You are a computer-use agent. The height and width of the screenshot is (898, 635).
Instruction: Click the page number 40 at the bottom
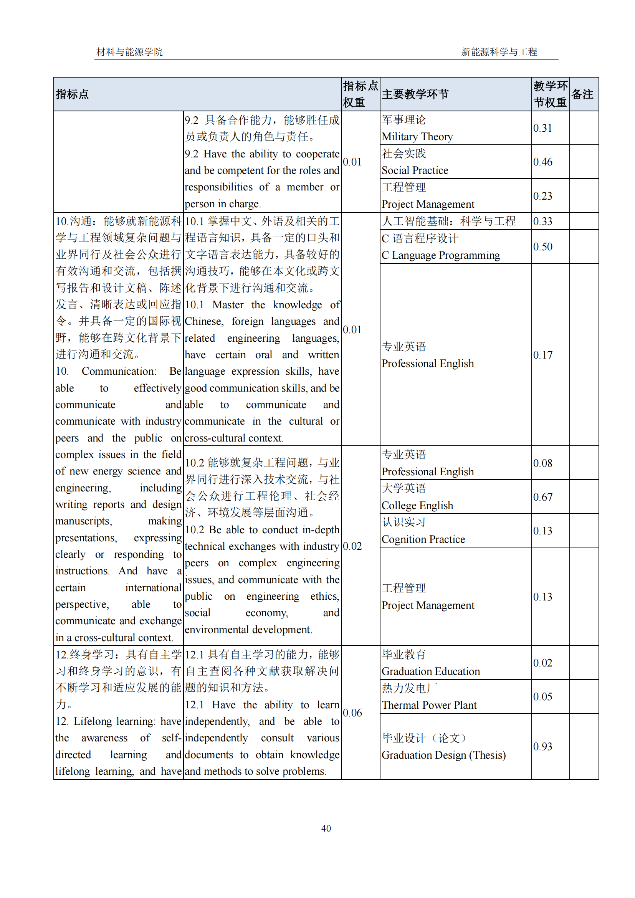(x=326, y=828)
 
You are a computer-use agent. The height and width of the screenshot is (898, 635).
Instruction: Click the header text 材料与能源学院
(x=129, y=51)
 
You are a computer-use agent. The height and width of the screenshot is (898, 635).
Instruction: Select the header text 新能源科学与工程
(x=499, y=51)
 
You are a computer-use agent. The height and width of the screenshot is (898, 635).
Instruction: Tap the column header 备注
(x=582, y=94)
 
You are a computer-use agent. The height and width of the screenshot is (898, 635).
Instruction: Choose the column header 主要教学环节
(x=415, y=94)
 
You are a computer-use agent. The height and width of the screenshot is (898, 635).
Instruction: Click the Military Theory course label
(x=417, y=137)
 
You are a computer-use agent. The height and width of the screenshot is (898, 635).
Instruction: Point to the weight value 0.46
(x=543, y=162)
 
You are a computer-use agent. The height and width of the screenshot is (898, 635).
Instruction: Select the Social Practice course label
(x=415, y=170)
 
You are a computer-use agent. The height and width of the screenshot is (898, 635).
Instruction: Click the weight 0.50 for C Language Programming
(x=543, y=247)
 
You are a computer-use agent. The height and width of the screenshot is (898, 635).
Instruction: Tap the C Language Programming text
(x=441, y=255)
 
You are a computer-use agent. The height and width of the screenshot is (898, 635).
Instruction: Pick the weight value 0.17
(x=543, y=355)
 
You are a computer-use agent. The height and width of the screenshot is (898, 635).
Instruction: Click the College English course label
(x=417, y=505)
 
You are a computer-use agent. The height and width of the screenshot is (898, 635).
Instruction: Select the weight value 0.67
(x=543, y=497)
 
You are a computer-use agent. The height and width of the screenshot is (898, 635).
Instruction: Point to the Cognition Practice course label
(x=423, y=539)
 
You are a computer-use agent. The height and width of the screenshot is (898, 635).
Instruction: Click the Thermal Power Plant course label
(x=429, y=705)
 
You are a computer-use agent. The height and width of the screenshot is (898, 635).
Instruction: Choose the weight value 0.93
(x=543, y=746)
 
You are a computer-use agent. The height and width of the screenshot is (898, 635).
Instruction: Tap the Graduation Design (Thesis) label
(x=443, y=755)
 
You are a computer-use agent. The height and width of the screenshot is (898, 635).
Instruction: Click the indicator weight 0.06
(x=352, y=713)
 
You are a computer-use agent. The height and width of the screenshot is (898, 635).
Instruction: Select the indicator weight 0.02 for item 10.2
(x=352, y=546)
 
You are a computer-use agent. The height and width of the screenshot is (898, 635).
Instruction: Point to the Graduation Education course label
(x=430, y=671)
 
